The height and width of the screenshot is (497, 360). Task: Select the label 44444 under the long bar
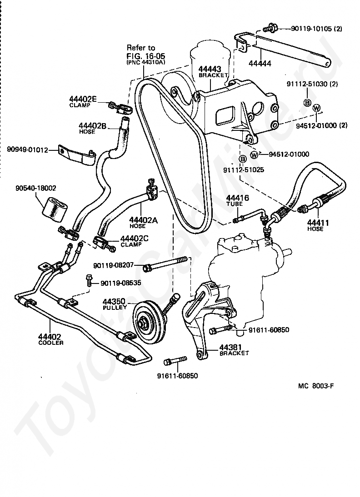(x=260, y=64)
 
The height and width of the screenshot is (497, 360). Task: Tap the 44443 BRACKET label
(x=213, y=72)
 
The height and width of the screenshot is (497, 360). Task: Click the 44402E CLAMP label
(x=83, y=101)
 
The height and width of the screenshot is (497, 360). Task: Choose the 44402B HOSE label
(x=92, y=128)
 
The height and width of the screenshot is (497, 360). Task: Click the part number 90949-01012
(x=27, y=149)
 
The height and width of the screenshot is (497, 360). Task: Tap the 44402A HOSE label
(x=143, y=223)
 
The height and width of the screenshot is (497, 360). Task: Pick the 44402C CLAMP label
(x=134, y=241)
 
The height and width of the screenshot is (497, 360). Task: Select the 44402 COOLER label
(x=50, y=339)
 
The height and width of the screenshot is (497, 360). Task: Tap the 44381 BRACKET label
(x=234, y=350)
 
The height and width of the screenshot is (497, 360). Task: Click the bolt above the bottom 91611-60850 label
(x=175, y=361)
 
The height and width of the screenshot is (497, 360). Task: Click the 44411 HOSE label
(x=318, y=225)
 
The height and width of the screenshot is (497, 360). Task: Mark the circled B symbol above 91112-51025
(x=242, y=159)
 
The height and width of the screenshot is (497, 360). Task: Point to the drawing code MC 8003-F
(x=315, y=386)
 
